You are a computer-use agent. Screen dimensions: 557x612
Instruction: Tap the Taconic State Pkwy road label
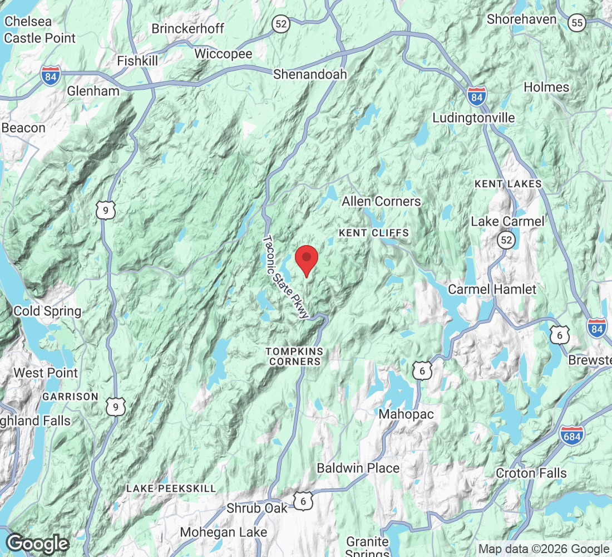tap(285, 277)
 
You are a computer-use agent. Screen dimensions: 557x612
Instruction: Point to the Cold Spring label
tap(47, 311)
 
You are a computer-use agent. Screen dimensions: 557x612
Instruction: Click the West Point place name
tap(46, 372)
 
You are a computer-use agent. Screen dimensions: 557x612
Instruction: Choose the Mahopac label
tap(406, 414)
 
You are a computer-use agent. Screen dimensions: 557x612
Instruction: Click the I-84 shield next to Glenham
tap(50, 76)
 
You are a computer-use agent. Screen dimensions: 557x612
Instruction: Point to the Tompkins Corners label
tap(294, 356)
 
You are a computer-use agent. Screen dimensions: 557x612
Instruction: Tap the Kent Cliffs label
tap(374, 233)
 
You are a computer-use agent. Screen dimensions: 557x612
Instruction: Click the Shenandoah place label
tap(310, 74)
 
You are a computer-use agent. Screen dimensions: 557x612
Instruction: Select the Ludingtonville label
tap(473, 118)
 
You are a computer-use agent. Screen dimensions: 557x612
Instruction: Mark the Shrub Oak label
tap(257, 508)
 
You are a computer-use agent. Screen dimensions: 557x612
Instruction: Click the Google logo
tap(38, 543)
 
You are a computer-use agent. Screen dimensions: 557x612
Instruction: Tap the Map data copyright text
tap(544, 549)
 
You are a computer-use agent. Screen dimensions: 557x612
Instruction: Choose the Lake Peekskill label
tap(171, 488)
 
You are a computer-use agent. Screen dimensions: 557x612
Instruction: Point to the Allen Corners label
tap(381, 201)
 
